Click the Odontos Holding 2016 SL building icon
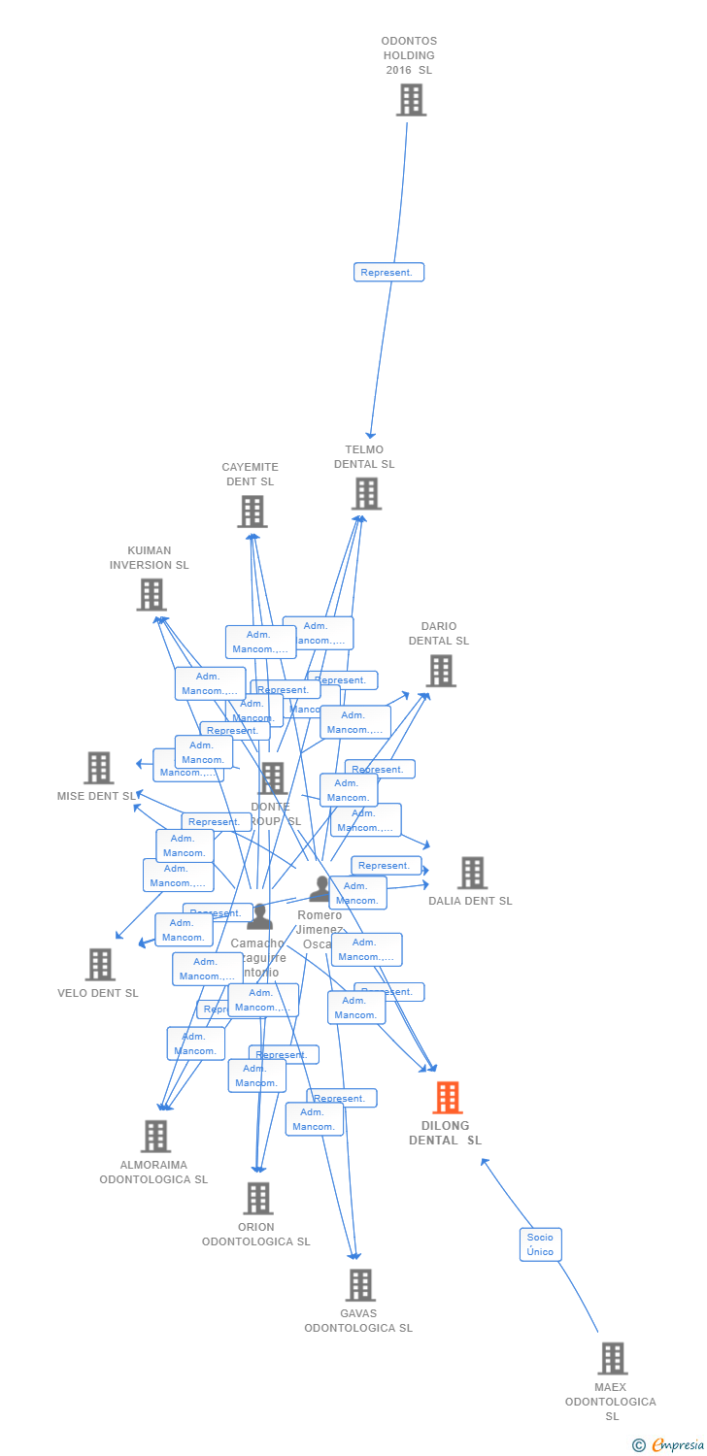(x=411, y=100)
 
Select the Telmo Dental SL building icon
(x=366, y=493)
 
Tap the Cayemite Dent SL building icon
(x=252, y=512)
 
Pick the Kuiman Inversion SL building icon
(x=151, y=595)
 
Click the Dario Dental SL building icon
(x=441, y=671)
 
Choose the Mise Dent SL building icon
(x=99, y=768)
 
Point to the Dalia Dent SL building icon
(x=472, y=873)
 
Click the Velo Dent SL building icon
(x=100, y=965)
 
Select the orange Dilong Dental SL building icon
(x=447, y=1098)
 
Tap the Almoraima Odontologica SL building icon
(x=155, y=1137)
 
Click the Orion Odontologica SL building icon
(x=257, y=1199)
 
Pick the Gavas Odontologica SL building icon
(x=360, y=1285)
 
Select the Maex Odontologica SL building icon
(x=612, y=1359)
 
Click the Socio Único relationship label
(x=540, y=1244)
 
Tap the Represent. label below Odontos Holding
(x=387, y=273)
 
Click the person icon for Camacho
(x=259, y=916)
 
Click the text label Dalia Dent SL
(x=470, y=901)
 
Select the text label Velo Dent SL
(x=98, y=993)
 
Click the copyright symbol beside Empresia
(x=639, y=1445)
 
